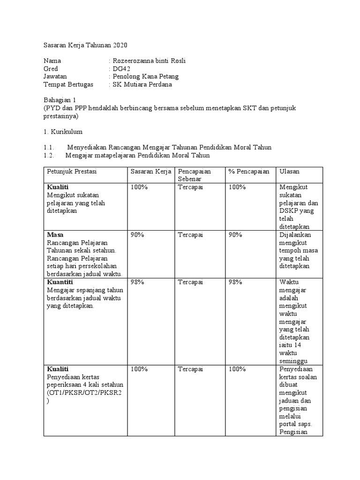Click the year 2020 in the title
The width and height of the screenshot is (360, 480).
tap(119, 45)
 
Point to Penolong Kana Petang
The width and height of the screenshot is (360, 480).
tap(145, 76)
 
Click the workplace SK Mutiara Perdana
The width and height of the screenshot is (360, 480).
tap(142, 84)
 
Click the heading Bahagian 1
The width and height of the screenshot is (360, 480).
tap(59, 100)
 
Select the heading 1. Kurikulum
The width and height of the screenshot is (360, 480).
tap(63, 132)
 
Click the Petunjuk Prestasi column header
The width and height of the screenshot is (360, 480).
tap(72, 172)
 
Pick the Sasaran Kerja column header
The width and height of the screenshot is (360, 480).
tap(150, 172)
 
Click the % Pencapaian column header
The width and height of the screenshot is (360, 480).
tap(249, 172)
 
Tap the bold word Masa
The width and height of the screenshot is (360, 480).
tap(55, 234)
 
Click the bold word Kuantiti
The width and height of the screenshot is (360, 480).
tap(60, 282)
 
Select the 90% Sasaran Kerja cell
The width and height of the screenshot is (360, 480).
tap(137, 234)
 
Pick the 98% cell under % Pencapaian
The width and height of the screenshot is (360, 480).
tap(235, 282)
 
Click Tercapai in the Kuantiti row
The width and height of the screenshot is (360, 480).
tap(190, 282)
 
